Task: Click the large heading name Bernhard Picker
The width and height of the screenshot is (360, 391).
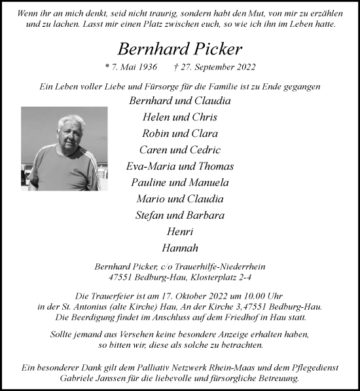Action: tap(179, 48)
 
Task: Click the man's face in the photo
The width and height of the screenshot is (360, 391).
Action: tap(71, 131)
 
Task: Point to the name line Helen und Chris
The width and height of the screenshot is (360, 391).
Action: tap(179, 117)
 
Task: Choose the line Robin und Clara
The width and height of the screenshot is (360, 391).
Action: tap(179, 134)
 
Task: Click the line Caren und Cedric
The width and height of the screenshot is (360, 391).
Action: tap(179, 150)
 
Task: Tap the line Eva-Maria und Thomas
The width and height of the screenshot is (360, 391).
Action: tap(179, 166)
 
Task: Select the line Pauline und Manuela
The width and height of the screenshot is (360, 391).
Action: tap(179, 183)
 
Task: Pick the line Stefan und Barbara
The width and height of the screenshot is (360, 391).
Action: tap(179, 215)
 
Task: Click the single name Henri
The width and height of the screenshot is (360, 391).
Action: tap(179, 232)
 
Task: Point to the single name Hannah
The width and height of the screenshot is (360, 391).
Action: tap(179, 248)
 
